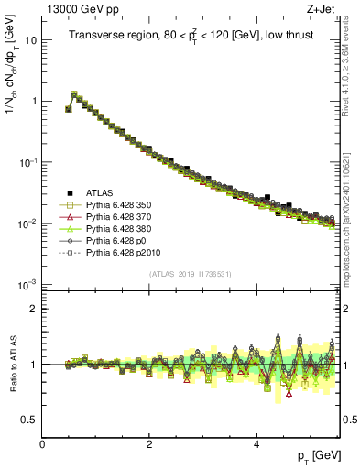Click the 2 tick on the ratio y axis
click(x=34, y=309)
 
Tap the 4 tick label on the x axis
click(x=256, y=443)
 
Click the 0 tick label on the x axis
click(x=42, y=443)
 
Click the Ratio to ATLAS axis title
click(x=10, y=364)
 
